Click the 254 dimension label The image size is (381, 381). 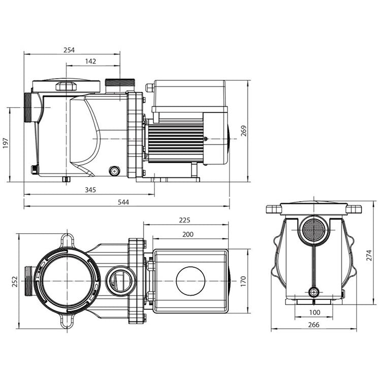(69, 50)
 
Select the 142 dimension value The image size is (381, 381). (91, 61)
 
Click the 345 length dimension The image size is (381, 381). (90, 189)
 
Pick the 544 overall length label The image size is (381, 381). (123, 202)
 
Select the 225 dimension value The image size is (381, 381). (184, 220)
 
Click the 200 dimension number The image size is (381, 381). (188, 234)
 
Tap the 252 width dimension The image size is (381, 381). (14, 281)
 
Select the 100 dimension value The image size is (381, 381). (314, 312)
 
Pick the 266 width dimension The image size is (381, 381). (314, 325)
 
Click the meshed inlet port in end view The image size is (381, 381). (313, 230)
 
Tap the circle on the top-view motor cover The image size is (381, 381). (190, 281)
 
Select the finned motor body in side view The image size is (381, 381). (175, 141)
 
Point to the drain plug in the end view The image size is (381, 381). (314, 292)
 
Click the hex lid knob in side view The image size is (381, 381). (66, 86)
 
